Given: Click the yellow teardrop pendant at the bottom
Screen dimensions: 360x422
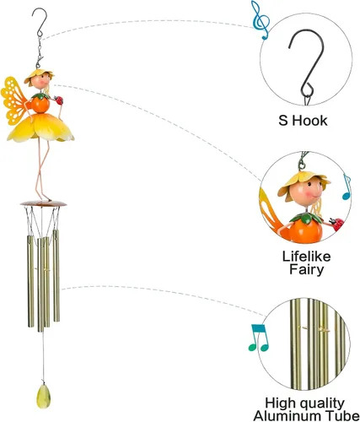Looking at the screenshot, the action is [x=43, y=397].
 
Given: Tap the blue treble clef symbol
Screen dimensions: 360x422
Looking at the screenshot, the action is [x=261, y=19].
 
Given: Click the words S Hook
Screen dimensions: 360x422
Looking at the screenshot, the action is [x=303, y=121].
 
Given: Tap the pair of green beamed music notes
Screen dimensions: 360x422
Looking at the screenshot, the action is [x=259, y=338].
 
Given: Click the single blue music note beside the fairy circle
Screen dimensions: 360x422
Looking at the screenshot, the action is [x=347, y=187].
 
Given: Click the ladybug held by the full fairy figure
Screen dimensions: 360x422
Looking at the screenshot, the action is [x=59, y=100].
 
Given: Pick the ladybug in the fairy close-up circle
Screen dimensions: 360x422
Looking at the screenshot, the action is [x=337, y=224].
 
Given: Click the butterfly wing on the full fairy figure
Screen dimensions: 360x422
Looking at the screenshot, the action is [x=13, y=100].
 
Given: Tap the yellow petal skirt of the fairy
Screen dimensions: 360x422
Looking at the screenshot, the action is [x=41, y=128].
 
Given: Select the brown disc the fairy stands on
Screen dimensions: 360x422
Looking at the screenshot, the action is [x=43, y=203].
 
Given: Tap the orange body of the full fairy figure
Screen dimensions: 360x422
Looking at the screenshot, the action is [x=40, y=105].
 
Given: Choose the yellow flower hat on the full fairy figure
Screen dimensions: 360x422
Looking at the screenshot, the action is [x=39, y=75].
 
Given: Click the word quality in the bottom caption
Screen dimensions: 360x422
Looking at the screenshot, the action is [x=322, y=403].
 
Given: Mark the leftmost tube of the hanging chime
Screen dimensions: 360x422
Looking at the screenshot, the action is [x=30, y=281].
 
